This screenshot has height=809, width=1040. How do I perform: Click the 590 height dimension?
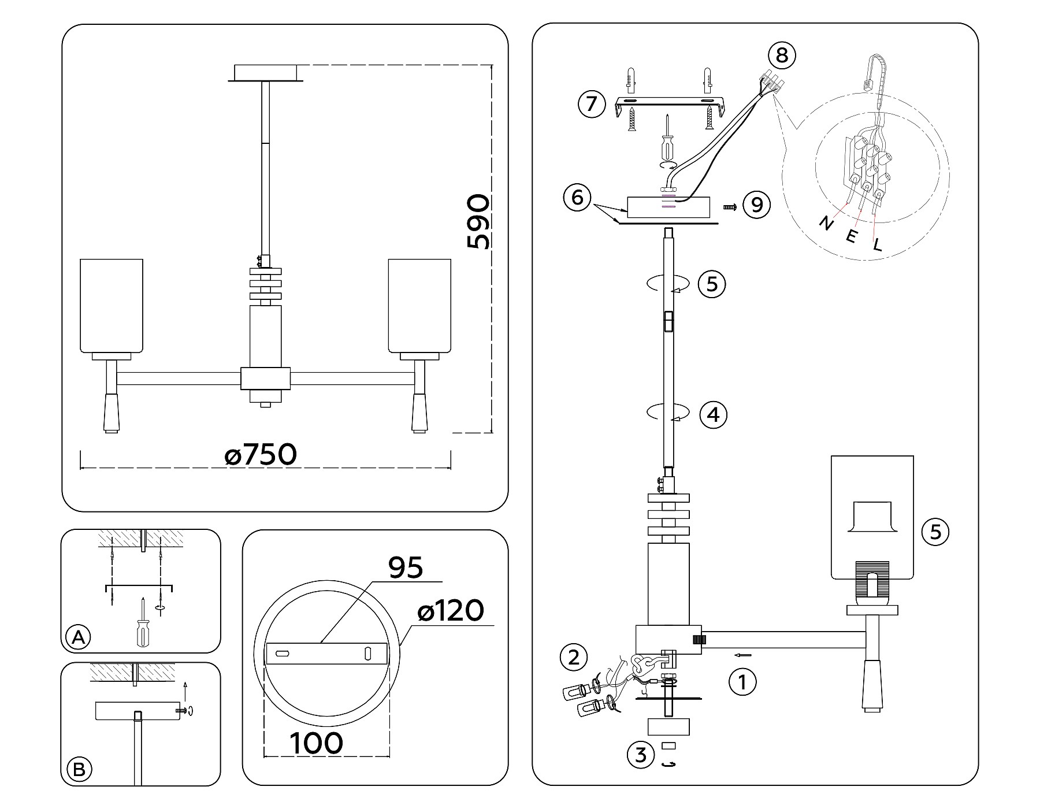(478, 222)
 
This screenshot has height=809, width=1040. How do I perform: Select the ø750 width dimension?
(261, 455)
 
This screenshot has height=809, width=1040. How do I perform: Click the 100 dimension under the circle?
(316, 743)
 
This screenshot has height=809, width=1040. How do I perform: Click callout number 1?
(742, 682)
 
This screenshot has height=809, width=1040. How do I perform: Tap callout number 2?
(574, 657)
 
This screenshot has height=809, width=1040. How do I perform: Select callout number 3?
(641, 755)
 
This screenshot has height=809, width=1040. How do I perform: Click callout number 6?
(577, 198)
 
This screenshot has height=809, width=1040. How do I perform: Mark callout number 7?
(591, 104)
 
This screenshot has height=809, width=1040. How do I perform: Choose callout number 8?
(782, 55)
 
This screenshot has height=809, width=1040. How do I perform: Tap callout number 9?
(757, 205)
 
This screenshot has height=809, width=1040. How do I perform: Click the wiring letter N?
(827, 223)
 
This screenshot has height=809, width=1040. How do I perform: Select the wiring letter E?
(852, 236)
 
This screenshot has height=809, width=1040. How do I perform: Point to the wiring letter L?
(878, 245)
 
